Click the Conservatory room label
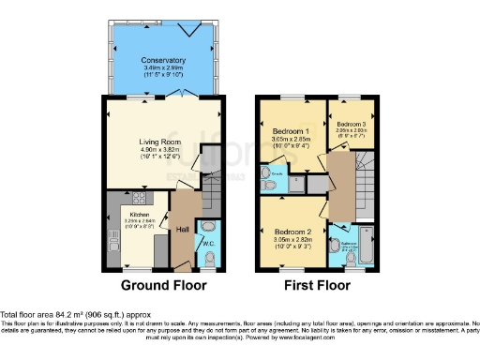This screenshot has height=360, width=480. pyautogui.click(x=164, y=61)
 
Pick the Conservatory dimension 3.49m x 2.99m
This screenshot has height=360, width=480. pyautogui.click(x=164, y=68)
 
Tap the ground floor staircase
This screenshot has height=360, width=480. pyautogui.click(x=212, y=192)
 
